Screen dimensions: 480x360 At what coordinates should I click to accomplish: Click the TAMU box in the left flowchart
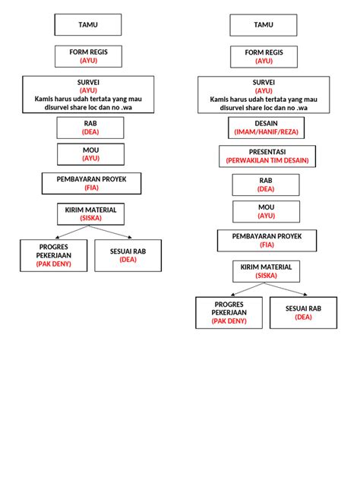88,25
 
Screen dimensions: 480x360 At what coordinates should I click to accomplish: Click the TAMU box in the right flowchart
263,25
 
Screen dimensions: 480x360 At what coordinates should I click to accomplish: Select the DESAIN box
263,127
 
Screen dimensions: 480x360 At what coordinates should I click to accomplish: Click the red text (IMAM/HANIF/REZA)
263,131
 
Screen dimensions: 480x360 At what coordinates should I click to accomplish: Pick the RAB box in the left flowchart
90,127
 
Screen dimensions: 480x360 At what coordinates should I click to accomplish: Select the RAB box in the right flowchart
266,185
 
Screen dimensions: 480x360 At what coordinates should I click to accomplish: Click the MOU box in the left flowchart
90,154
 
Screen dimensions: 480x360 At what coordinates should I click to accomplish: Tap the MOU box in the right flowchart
266,211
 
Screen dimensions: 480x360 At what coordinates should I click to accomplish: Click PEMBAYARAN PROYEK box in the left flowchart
90,183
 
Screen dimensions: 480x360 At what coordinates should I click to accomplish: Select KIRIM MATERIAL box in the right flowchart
266,271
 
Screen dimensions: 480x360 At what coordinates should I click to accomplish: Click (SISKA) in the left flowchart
90,218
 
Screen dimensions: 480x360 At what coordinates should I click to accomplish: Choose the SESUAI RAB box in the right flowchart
304,312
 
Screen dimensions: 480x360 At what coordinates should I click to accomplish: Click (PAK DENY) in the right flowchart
229,321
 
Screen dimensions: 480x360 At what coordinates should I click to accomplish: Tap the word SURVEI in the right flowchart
264,82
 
